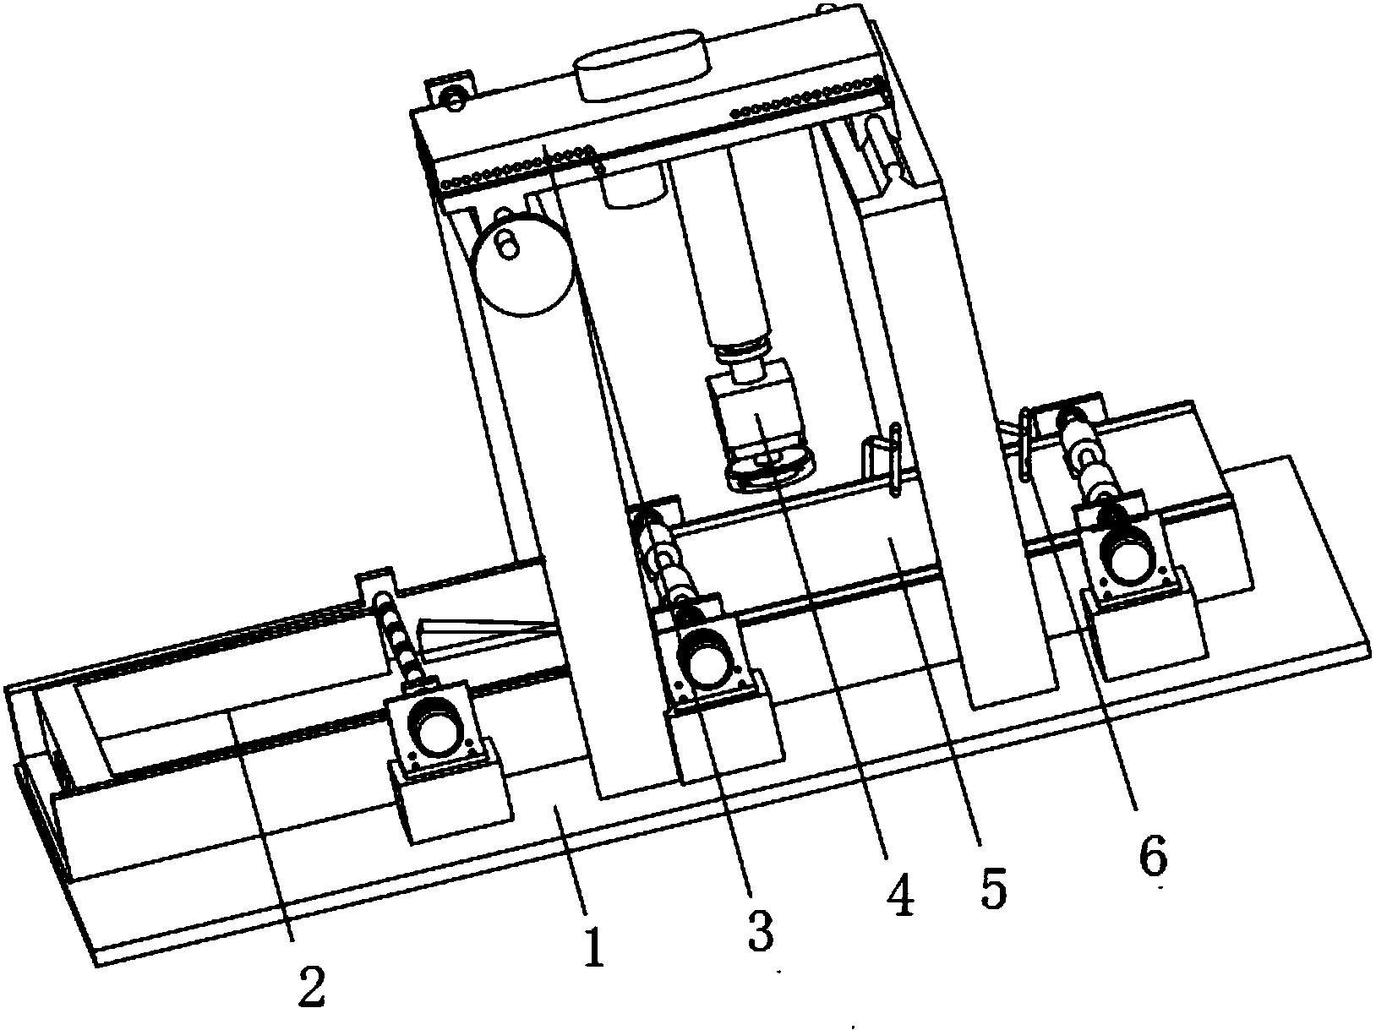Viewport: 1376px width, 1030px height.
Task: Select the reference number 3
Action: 760,930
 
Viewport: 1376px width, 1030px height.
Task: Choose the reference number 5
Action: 994,888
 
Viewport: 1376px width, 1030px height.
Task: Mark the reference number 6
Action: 1154,854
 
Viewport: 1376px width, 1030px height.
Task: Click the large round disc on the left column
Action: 523,264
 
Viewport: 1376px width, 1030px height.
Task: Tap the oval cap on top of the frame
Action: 642,64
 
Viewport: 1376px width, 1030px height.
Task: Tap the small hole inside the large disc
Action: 508,246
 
